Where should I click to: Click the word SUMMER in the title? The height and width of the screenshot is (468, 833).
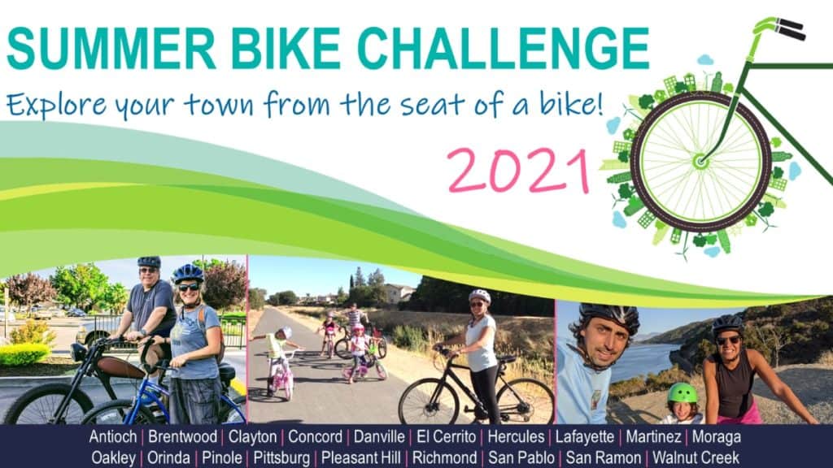pyautogui.click(x=111, y=49)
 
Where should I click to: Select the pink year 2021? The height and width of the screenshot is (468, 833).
pyautogui.click(x=518, y=171)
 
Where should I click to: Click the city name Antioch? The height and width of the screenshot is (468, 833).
pyautogui.click(x=112, y=436)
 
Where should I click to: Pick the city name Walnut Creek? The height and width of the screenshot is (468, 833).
pyautogui.click(x=696, y=457)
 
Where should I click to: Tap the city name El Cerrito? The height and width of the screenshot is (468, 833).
pyautogui.click(x=447, y=436)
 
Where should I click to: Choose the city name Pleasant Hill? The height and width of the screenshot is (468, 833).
pyautogui.click(x=360, y=457)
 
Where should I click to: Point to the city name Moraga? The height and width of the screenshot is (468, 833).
pyautogui.click(x=716, y=437)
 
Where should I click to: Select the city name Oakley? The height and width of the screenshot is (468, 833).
pyautogui.click(x=113, y=458)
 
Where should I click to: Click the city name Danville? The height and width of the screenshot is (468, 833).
pyautogui.click(x=379, y=436)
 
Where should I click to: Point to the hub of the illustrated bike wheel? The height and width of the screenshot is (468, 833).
pyautogui.click(x=700, y=160)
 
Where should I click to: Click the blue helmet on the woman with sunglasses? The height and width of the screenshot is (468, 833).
pyautogui.click(x=188, y=274)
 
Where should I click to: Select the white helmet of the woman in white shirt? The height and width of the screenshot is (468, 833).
pyautogui.click(x=480, y=296)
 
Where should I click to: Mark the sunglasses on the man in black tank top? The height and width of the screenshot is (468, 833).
pyautogui.click(x=728, y=340)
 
